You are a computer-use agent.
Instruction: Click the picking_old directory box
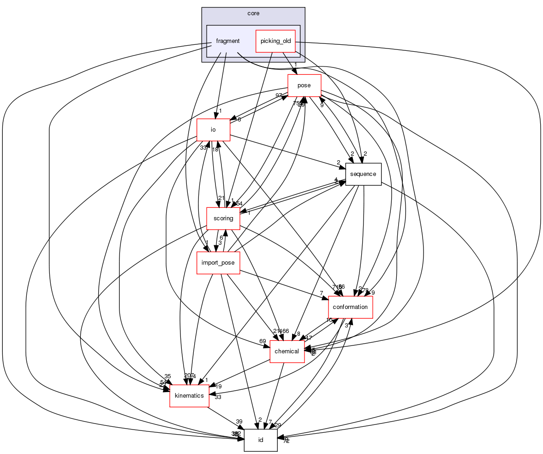pos(275,41)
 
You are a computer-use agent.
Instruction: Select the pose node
pos(304,85)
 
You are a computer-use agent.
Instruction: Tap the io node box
pos(213,130)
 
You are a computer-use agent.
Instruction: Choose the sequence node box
pos(363,174)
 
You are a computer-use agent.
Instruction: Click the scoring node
pos(223,218)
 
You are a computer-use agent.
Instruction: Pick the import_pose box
pos(218,263)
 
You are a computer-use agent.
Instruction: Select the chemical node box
pos(287,351)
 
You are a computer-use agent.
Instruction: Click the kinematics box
pos(189,396)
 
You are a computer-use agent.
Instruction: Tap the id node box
pos(260,440)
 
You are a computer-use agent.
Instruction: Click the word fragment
pos(228,41)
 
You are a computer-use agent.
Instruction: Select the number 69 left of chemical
pos(263,341)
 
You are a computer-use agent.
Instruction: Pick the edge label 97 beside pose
pos(279,95)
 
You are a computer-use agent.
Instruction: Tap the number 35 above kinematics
pos(167,376)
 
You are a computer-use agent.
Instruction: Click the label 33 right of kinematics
pos(218,397)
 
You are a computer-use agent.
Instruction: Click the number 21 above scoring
pos(221,198)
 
